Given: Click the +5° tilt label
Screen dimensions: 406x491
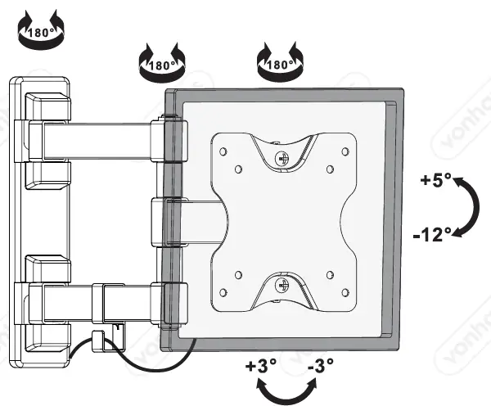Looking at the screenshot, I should (436, 180).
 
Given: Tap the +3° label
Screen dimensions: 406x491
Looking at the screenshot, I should (259, 366).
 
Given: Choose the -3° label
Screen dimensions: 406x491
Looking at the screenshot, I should (320, 366).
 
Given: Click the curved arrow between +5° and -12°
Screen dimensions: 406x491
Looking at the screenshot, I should (468, 207).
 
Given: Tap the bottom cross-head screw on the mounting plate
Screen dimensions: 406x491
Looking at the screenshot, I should (282, 286).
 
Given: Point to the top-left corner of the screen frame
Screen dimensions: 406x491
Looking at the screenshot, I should (167, 92).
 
